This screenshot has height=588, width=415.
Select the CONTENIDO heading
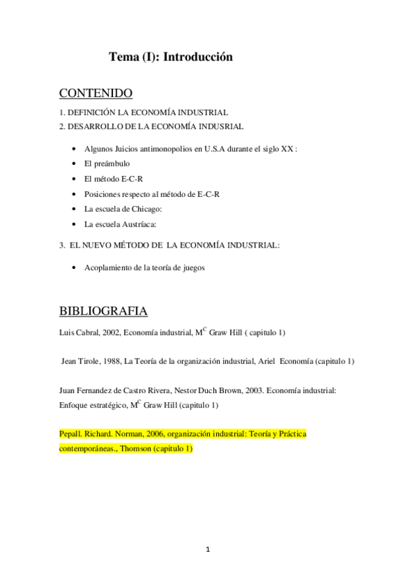96,93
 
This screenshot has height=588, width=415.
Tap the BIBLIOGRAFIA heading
103,310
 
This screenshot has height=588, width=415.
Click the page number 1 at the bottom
207,550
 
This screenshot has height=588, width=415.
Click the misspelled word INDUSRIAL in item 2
219,126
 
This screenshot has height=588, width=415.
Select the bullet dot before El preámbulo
74,164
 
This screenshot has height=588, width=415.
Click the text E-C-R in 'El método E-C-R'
134,179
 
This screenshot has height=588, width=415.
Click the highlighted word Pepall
71,434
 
